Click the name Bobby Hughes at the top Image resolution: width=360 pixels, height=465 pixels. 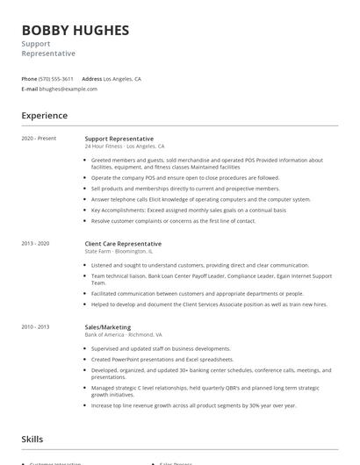click(x=75, y=30)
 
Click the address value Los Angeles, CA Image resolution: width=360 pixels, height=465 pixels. click(x=122, y=78)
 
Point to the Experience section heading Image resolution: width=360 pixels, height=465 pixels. click(x=45, y=116)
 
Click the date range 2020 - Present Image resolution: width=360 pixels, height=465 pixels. click(x=39, y=139)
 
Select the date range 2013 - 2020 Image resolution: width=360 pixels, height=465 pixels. click(x=36, y=243)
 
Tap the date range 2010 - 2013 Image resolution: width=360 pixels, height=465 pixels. click(x=36, y=326)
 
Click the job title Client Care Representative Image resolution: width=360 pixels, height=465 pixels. click(x=123, y=244)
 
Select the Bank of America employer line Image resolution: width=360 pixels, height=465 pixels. click(x=123, y=335)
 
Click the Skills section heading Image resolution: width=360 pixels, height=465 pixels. click(x=32, y=439)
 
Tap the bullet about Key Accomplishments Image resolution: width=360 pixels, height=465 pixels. click(x=188, y=211)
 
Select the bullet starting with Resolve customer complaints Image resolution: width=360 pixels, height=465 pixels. click(x=173, y=221)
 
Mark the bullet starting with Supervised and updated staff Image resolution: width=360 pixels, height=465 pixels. click(x=154, y=349)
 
